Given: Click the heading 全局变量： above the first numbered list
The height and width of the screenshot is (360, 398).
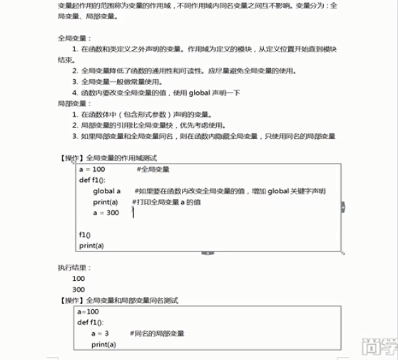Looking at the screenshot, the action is [x=75, y=38].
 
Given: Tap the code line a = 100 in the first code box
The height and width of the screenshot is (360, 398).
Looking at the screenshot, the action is [x=92, y=169].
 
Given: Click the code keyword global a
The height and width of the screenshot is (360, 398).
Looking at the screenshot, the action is [x=106, y=191].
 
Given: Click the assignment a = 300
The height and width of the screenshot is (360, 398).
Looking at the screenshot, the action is [x=106, y=213].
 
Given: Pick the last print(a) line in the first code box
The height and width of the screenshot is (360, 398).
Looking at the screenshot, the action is [x=91, y=245].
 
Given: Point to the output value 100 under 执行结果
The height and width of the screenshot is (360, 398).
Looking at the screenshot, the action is [x=78, y=279].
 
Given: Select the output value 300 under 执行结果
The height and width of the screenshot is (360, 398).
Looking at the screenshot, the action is [x=78, y=290].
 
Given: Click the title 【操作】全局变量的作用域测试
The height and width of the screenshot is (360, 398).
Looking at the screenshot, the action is [x=109, y=157].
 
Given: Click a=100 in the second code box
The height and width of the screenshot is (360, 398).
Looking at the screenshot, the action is [x=88, y=312].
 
